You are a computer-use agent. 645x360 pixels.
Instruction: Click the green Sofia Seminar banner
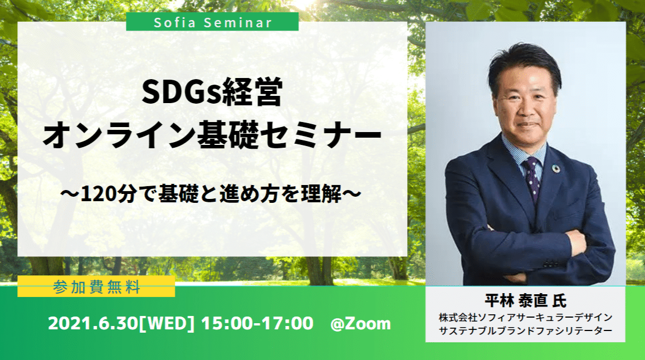(x=212, y=22)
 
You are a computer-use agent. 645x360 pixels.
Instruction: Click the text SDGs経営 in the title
(x=212, y=92)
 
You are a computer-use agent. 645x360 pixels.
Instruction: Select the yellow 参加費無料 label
(x=96, y=287)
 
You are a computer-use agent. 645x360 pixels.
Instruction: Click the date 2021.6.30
(x=92, y=323)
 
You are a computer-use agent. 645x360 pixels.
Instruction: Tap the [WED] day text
(x=167, y=323)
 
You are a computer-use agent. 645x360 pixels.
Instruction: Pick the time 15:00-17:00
(x=257, y=323)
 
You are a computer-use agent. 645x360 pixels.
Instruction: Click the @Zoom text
(x=360, y=324)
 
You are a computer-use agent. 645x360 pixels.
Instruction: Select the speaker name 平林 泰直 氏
(x=525, y=300)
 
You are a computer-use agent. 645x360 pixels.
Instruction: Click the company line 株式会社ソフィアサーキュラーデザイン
(x=525, y=317)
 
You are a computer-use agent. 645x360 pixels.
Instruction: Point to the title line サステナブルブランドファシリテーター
(x=525, y=330)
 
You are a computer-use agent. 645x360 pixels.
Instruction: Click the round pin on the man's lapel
(x=556, y=169)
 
